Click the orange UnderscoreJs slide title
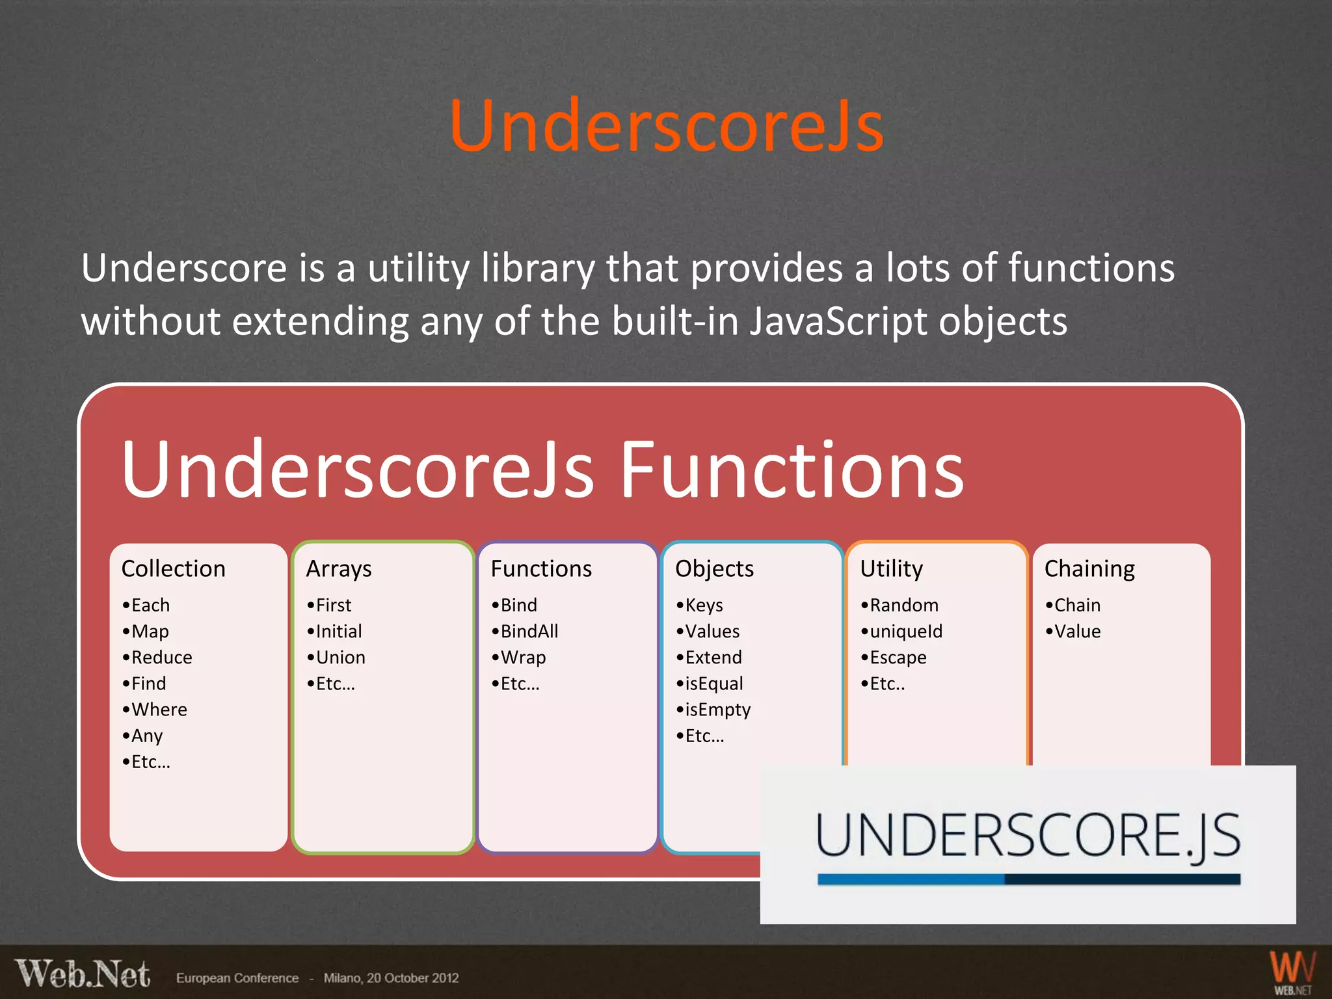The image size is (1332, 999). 666,126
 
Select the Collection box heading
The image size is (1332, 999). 173,568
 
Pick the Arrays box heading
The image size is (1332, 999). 339,569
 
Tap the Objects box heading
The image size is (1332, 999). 714,569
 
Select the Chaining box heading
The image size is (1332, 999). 1089,569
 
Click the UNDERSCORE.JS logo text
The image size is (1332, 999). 1028,837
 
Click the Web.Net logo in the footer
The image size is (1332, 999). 83,974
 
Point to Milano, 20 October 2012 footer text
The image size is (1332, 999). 391,978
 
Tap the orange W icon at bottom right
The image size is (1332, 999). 1292,969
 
